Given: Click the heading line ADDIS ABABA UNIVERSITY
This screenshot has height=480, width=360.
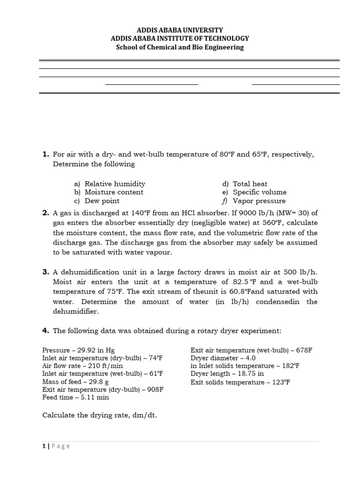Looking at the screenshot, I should pyautogui.click(x=180, y=30).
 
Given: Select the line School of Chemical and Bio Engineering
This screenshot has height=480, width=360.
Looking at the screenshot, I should pyautogui.click(x=180, y=47).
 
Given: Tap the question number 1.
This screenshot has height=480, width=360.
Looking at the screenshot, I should pyautogui.click(x=45, y=154).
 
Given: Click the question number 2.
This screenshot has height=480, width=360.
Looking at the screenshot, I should pyautogui.click(x=45, y=213).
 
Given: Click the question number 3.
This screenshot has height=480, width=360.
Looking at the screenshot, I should pyautogui.click(x=45, y=272).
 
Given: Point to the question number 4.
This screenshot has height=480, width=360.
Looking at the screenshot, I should pyautogui.click(x=45, y=331).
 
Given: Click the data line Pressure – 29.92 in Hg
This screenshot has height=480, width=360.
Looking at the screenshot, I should pyautogui.click(x=78, y=350).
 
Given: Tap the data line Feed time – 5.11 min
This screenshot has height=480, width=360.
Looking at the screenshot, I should pyautogui.click(x=75, y=397).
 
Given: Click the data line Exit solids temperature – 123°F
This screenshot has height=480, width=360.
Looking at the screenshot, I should pyautogui.click(x=240, y=382).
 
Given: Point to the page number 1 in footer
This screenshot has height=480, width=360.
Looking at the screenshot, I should pyautogui.click(x=44, y=446).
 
